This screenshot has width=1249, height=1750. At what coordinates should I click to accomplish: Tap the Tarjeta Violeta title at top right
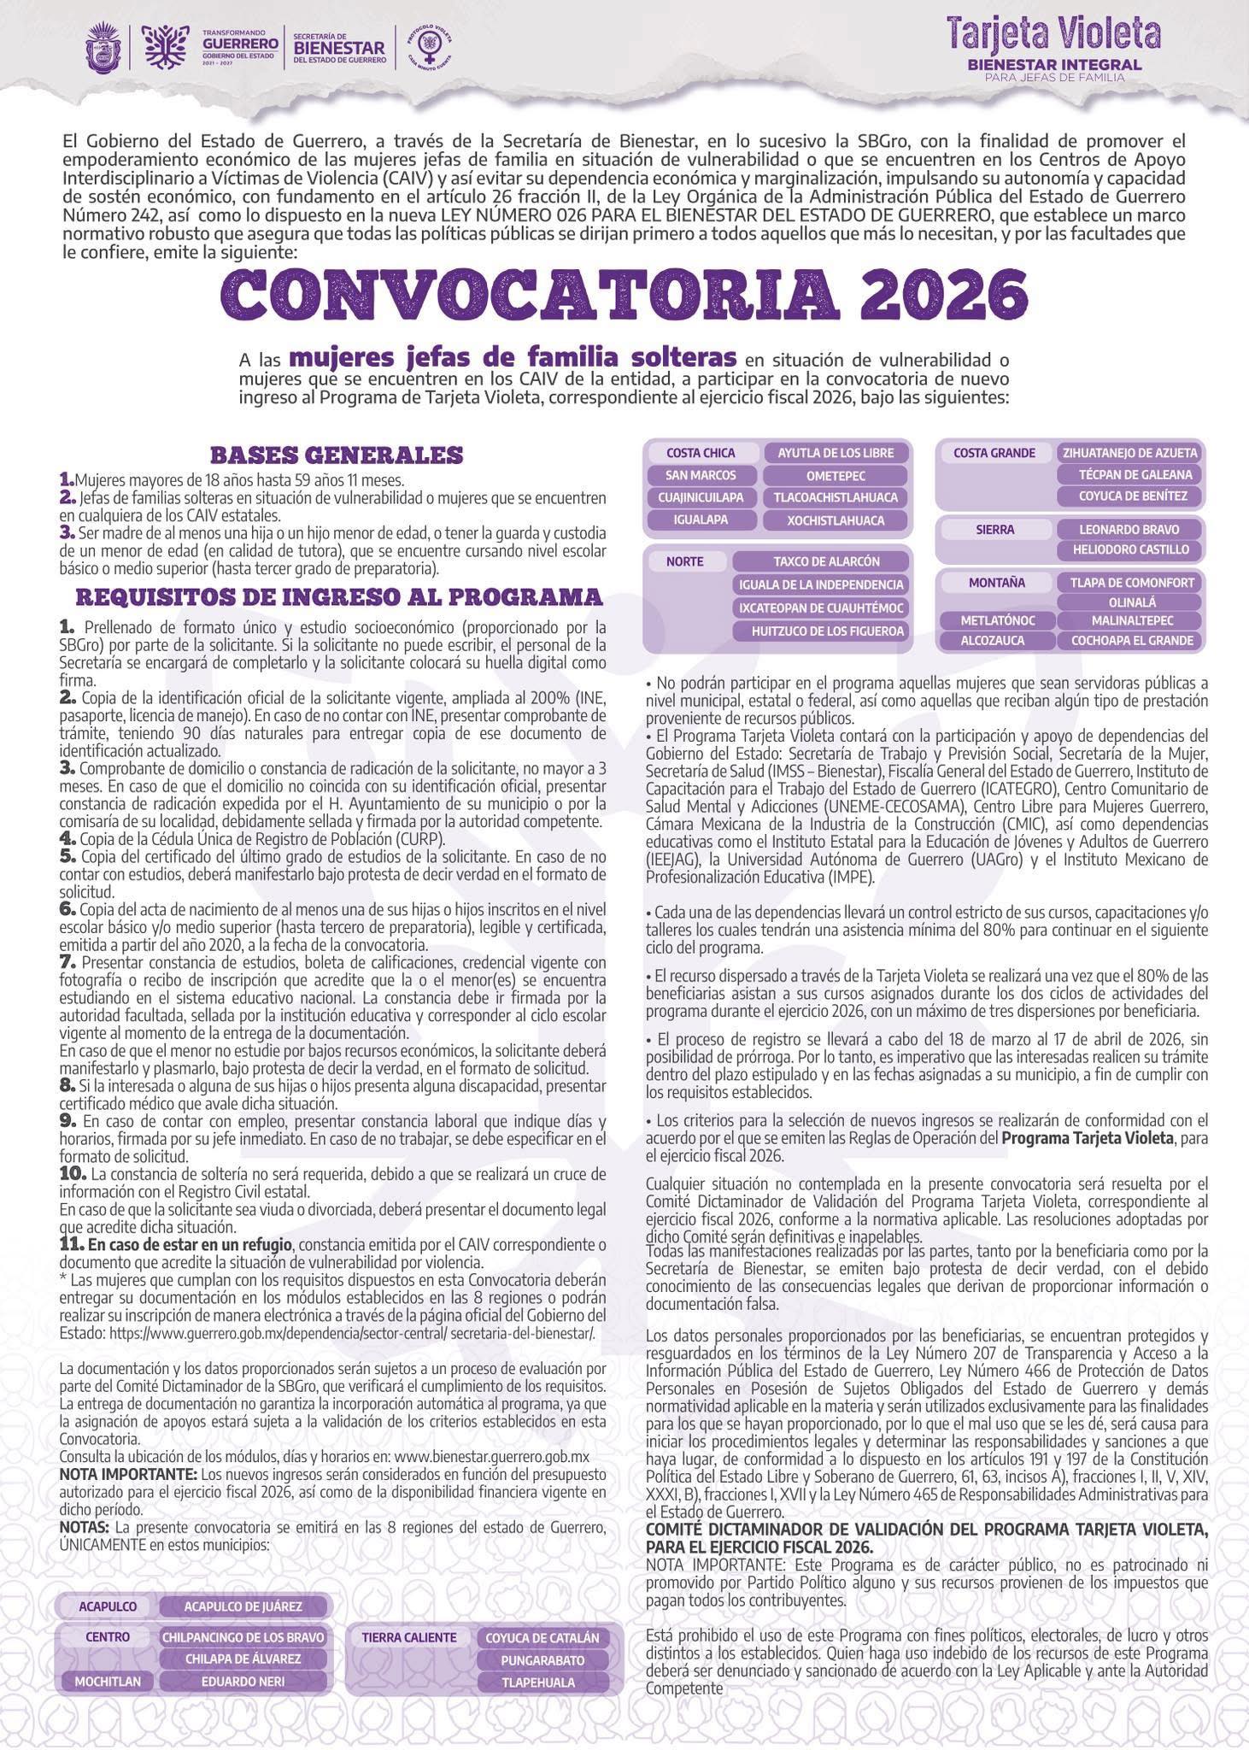click(x=1052, y=35)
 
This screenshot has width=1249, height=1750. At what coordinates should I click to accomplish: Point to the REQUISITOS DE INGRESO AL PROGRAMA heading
click(x=338, y=596)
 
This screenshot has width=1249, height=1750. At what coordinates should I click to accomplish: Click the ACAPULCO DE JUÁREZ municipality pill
click(x=243, y=1606)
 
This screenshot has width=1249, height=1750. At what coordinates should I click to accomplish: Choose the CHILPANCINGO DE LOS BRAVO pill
click(x=243, y=1637)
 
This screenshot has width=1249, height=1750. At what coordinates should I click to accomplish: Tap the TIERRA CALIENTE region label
click(x=409, y=1637)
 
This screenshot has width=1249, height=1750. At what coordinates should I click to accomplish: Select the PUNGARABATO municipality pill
click(x=542, y=1660)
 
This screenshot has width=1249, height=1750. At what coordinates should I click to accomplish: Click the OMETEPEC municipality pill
click(x=836, y=475)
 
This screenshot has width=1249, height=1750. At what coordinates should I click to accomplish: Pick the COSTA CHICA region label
click(x=701, y=453)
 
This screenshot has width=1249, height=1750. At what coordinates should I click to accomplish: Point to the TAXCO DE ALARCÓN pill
click(x=826, y=561)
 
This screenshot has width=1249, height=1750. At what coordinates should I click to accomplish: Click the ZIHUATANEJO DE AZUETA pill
click(x=1129, y=453)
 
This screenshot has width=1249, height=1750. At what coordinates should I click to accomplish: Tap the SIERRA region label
click(x=995, y=530)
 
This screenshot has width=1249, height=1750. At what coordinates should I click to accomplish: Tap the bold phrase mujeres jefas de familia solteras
click(x=513, y=355)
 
